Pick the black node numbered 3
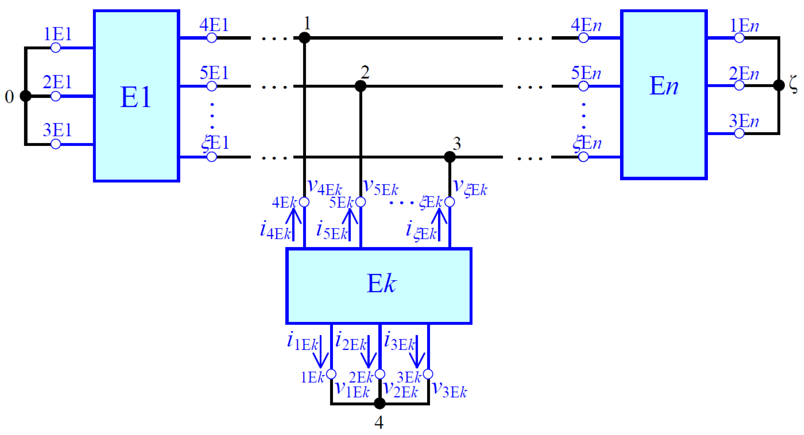click(x=449, y=157)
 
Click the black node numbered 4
click(x=379, y=403)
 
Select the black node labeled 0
click(x=25, y=96)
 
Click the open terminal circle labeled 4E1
click(x=212, y=38)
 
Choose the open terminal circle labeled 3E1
click(x=55, y=144)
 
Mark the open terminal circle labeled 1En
click(x=739, y=38)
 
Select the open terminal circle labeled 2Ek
click(x=380, y=374)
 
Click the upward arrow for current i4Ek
click(x=293, y=224)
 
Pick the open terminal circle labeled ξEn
click(x=583, y=157)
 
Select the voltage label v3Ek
click(x=449, y=390)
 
